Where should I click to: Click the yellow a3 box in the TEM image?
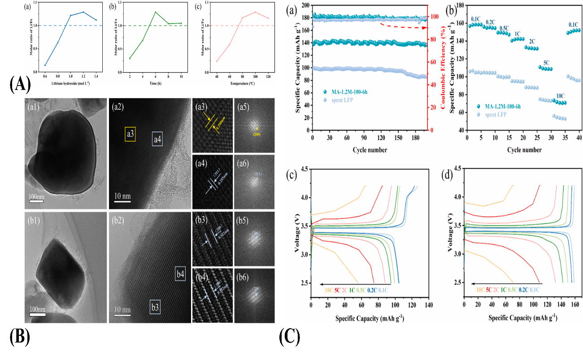(130, 134)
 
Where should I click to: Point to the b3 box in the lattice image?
(155, 307)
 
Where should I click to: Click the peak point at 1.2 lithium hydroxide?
(83, 12)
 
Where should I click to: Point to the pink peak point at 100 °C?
(255, 12)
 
